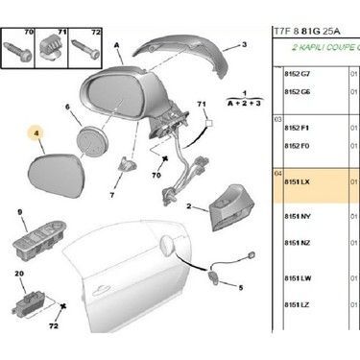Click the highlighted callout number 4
[x=38, y=134]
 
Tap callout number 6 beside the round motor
[x=68, y=108]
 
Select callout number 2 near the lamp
[x=190, y=204]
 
